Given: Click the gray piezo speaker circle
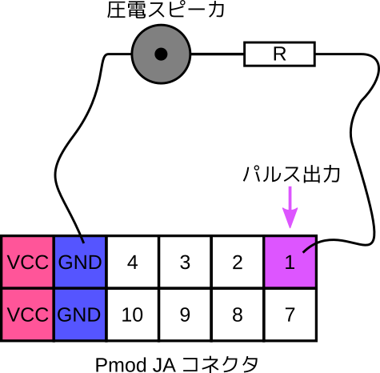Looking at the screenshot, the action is (x=161, y=54).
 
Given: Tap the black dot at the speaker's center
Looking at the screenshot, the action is (x=161, y=54).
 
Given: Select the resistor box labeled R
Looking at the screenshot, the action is (x=280, y=54).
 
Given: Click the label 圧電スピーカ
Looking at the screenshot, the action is (x=166, y=10).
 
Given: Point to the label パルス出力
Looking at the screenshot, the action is (x=291, y=174).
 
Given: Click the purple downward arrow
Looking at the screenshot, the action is (x=290, y=207).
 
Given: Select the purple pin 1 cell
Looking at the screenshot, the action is (x=290, y=262).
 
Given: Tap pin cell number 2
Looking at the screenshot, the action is (x=238, y=262).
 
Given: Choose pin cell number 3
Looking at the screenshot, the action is (x=186, y=262).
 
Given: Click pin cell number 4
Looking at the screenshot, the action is (x=133, y=262).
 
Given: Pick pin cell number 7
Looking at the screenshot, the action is (x=290, y=315).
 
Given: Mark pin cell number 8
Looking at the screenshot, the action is (x=238, y=315).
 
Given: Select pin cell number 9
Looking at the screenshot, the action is (x=186, y=315).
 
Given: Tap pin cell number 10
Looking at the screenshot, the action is (x=133, y=315).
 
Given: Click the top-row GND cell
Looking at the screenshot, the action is (x=80, y=262).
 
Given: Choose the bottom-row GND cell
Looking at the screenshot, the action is (x=80, y=315).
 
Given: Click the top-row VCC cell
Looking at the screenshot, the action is (x=27, y=262).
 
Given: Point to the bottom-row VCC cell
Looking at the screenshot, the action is (x=27, y=315).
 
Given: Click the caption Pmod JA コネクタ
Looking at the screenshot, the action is (x=177, y=364).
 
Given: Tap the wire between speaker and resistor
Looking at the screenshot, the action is (x=218, y=54).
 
